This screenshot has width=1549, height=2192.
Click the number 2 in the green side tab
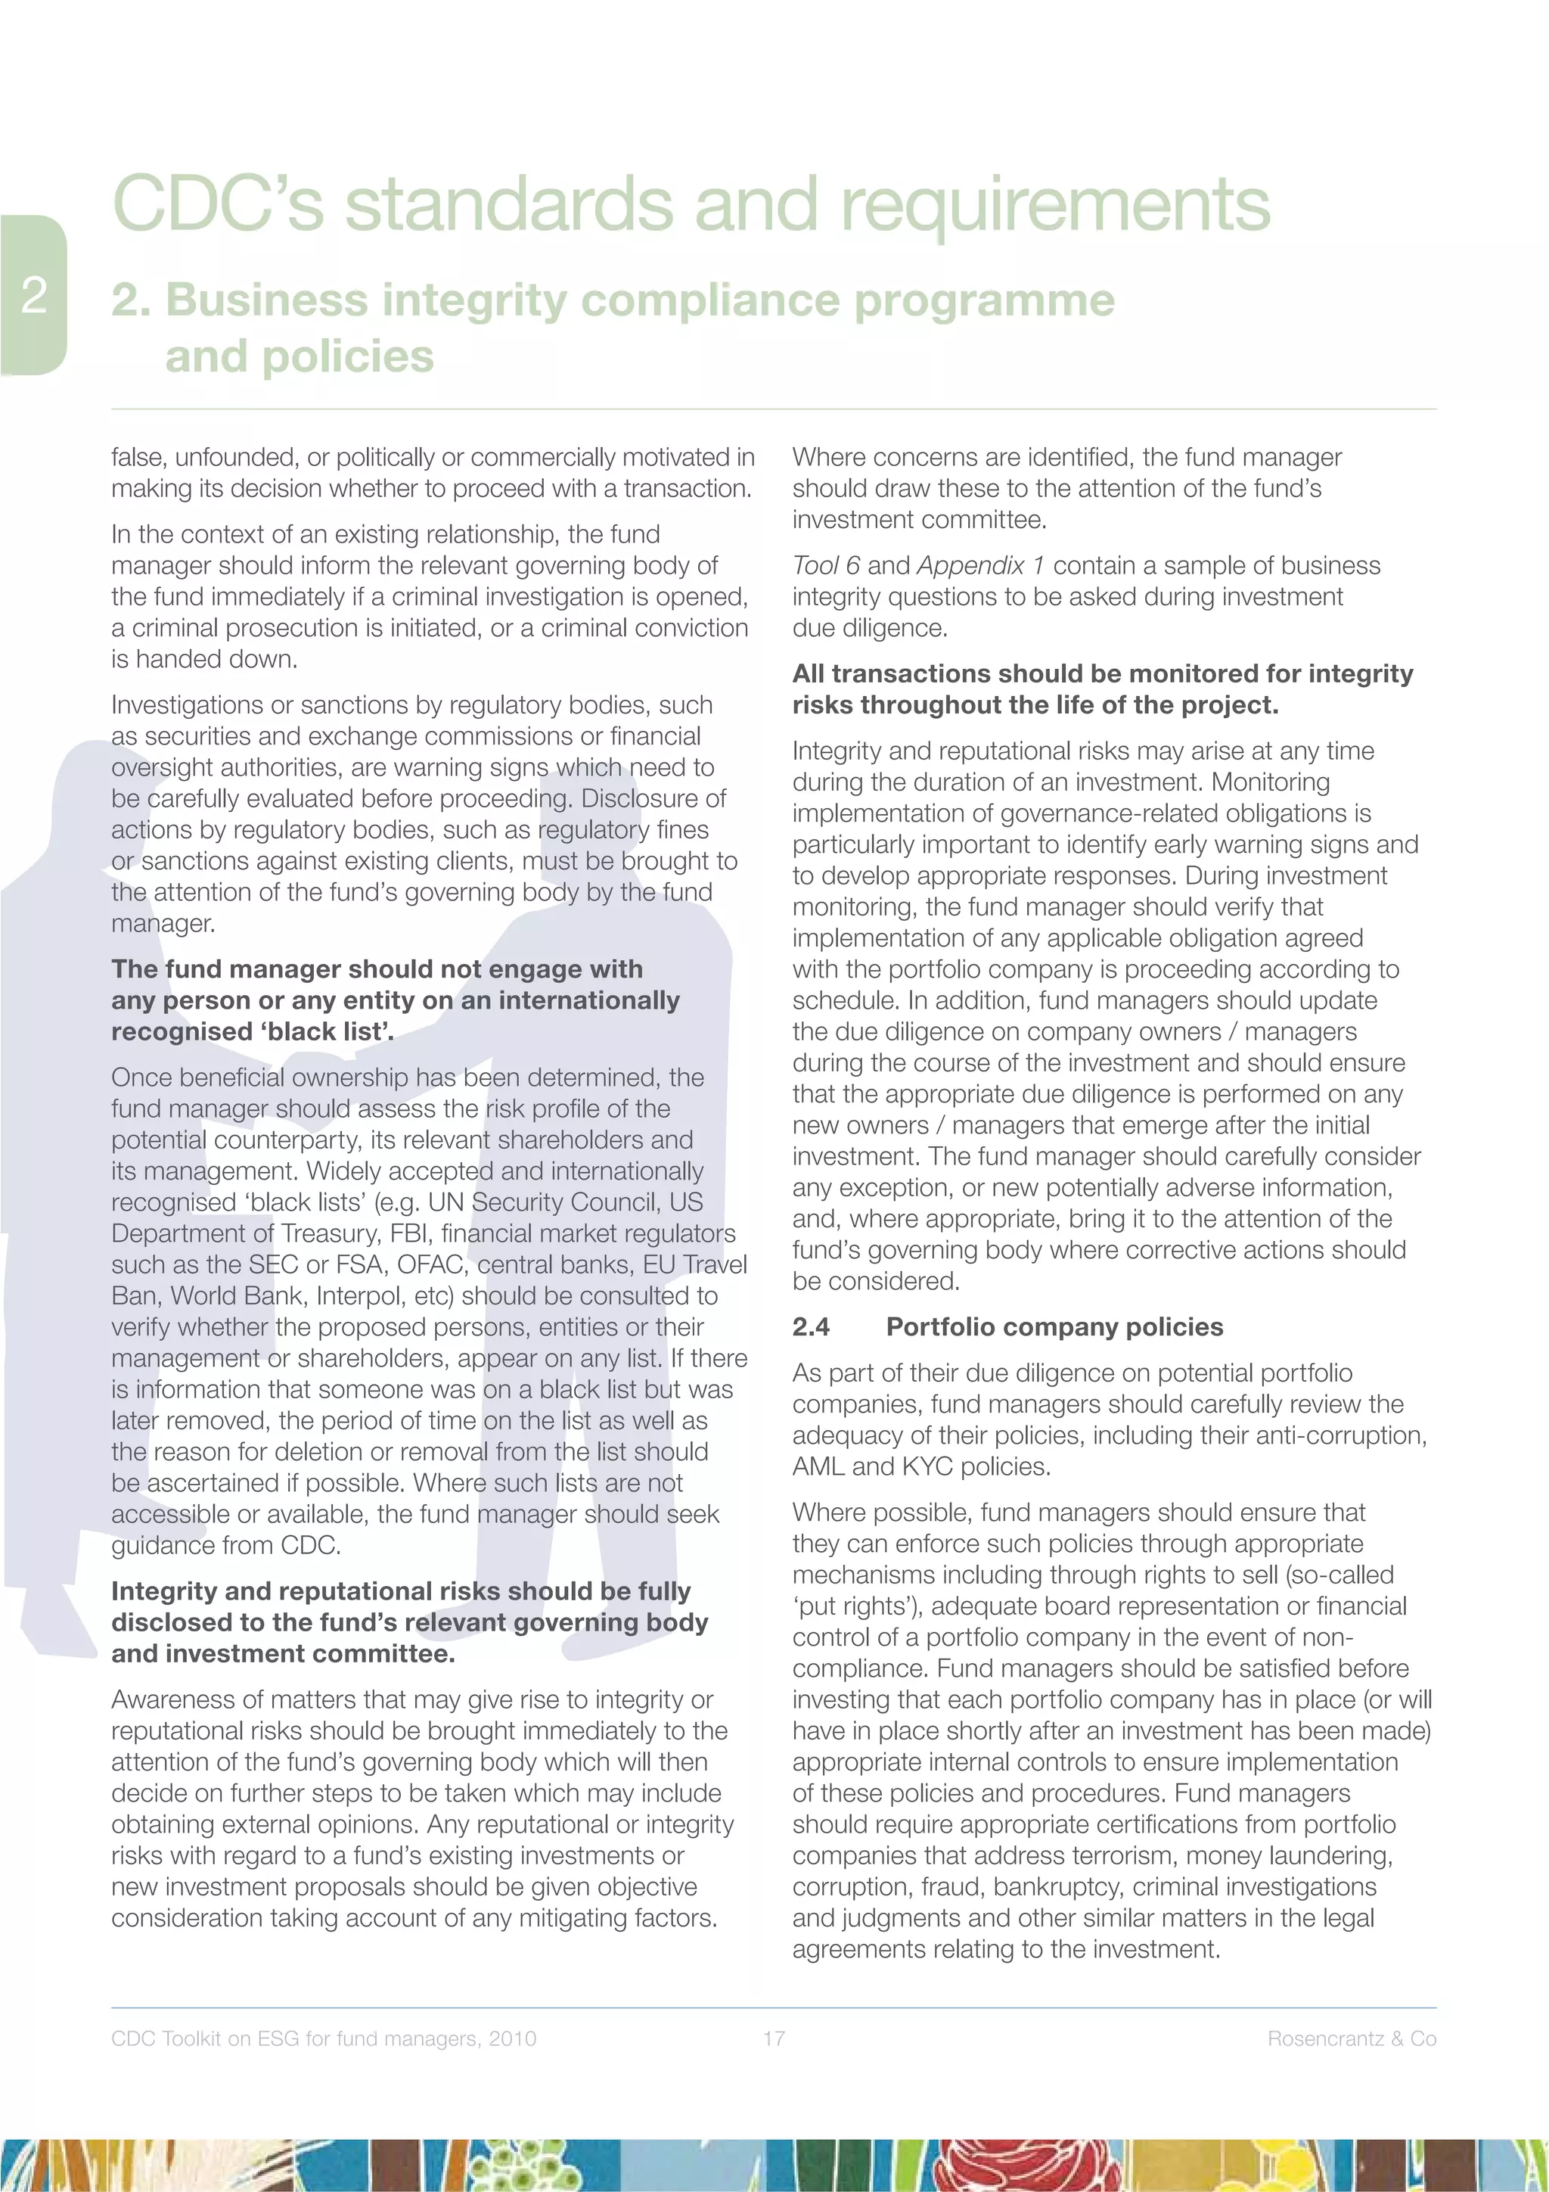[34, 295]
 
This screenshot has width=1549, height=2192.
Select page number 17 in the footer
[774, 2038]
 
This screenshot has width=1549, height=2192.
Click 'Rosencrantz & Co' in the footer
[1352, 2038]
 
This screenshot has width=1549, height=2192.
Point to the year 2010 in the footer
[513, 2038]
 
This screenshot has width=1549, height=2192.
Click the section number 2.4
[812, 1327]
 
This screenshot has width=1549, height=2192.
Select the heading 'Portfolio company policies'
[1054, 1327]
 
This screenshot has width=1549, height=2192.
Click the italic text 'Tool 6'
[826, 565]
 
